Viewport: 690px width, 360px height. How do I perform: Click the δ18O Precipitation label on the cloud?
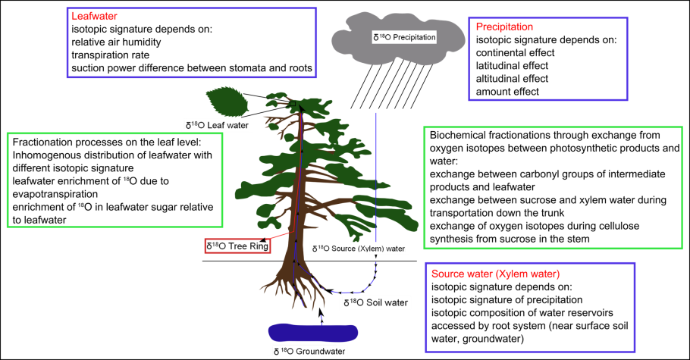(404, 36)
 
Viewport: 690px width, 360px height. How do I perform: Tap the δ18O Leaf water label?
(217, 125)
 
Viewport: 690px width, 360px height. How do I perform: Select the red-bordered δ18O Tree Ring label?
(237, 246)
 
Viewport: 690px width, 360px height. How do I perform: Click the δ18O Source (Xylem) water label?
(359, 249)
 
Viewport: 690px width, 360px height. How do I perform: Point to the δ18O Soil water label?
(375, 303)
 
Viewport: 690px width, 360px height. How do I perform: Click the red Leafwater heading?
(95, 16)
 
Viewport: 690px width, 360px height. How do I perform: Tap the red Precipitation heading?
(504, 27)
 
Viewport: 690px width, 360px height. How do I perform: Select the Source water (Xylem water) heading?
(495, 274)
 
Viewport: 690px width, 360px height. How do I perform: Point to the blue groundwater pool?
(312, 333)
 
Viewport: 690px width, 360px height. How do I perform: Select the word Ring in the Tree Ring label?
(259, 246)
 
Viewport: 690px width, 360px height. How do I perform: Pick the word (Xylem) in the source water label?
(368, 249)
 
